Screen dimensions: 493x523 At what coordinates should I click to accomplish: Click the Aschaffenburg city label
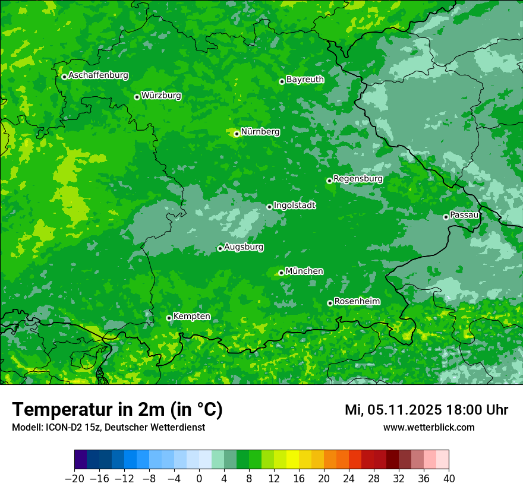pyautogui.click(x=98, y=75)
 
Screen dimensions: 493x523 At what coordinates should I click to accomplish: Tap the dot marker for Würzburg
pyautogui.click(x=137, y=97)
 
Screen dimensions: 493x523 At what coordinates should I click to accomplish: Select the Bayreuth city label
pyautogui.click(x=305, y=80)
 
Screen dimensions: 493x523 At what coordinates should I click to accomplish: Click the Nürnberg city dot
pyautogui.click(x=237, y=134)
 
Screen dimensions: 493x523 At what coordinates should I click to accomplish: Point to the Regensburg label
pyautogui.click(x=358, y=179)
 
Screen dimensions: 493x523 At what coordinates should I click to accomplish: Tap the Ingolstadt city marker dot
pyautogui.click(x=269, y=207)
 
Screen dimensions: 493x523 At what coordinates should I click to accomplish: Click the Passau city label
pyautogui.click(x=464, y=215)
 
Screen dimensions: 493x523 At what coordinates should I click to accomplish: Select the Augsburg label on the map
pyautogui.click(x=244, y=247)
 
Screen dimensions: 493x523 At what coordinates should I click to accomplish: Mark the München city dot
pyautogui.click(x=281, y=273)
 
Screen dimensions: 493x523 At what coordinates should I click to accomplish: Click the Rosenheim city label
pyautogui.click(x=357, y=302)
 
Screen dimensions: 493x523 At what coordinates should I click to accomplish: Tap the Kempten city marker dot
pyautogui.click(x=169, y=318)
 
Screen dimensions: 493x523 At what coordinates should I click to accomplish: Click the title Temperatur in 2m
pyautogui.click(x=117, y=410)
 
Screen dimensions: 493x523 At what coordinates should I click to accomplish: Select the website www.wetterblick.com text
pyautogui.click(x=429, y=428)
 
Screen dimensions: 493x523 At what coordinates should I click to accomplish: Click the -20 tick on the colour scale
pyautogui.click(x=74, y=479)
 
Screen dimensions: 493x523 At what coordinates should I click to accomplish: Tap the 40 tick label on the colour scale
pyautogui.click(x=449, y=479)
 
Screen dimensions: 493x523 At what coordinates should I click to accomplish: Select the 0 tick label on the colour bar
pyautogui.click(x=199, y=479)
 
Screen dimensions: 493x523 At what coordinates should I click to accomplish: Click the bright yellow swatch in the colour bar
pyautogui.click(x=292, y=460)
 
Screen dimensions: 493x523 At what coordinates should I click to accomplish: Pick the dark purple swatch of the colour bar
pyautogui.click(x=80, y=460)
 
